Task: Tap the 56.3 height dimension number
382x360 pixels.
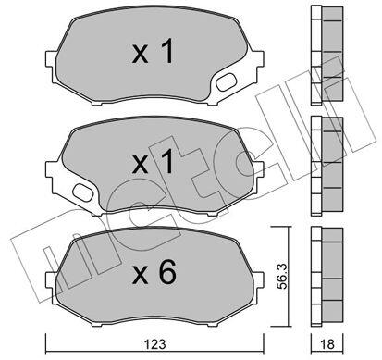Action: pos(281,276)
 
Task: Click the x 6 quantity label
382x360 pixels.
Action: pos(154,272)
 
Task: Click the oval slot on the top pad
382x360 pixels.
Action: pos(225,82)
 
